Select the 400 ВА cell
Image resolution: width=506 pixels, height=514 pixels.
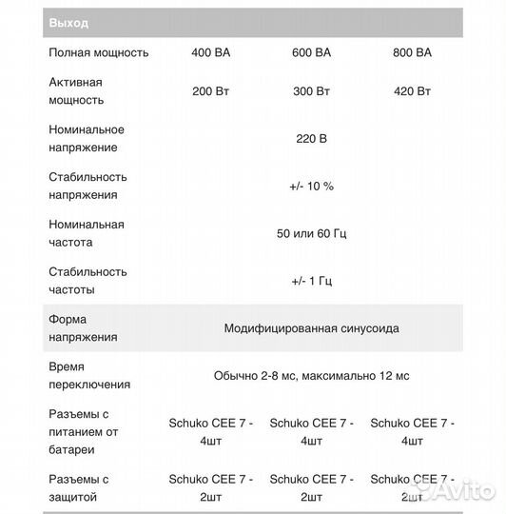(x=210, y=52)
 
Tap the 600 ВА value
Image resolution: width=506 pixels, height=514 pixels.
(x=311, y=52)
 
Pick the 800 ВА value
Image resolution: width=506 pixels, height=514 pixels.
(x=411, y=52)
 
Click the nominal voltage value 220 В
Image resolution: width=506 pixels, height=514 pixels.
(x=311, y=138)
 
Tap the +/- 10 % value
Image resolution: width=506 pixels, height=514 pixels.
(x=311, y=186)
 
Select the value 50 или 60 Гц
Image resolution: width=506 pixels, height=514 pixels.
(x=311, y=233)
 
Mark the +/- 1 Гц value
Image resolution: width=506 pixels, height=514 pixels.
(x=311, y=281)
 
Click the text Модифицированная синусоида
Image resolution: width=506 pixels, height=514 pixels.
(x=311, y=328)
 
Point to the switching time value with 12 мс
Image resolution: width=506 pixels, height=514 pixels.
(x=311, y=376)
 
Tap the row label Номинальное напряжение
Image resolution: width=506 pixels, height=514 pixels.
(x=87, y=138)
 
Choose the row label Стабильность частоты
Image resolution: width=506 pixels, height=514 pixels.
(x=88, y=281)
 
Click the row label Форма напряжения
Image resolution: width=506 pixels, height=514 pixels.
(x=83, y=328)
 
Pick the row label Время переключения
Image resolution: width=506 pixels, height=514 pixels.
(x=89, y=376)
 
